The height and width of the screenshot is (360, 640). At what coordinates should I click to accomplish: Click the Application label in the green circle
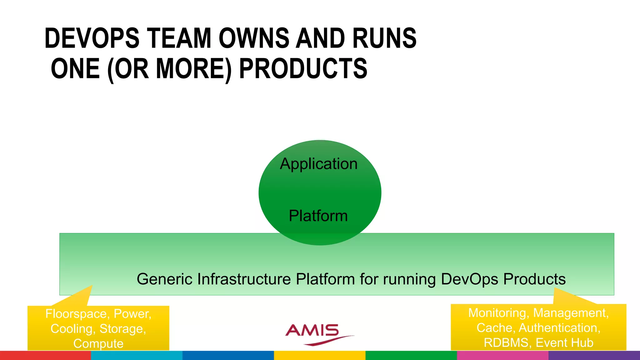319,164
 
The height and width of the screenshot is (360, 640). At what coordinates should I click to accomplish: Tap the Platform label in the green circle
318,216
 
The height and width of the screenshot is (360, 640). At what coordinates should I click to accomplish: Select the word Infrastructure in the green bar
244,279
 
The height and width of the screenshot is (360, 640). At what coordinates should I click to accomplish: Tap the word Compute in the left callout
98,343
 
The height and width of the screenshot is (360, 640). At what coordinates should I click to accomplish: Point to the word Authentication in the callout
559,328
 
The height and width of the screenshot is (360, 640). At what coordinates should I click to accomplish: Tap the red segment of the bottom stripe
45,355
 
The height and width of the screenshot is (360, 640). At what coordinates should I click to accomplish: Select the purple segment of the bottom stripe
594,355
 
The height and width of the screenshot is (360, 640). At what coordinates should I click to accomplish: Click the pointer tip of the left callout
92,286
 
